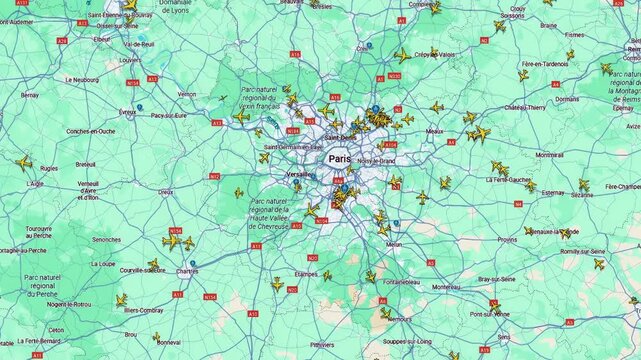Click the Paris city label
point(339,158)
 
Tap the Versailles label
point(300,174)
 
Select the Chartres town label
point(187,271)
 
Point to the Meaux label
point(434,131)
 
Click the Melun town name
point(394,244)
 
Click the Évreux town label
point(127,113)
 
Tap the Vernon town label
point(187,94)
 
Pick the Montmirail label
point(549,155)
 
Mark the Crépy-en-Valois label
point(433,55)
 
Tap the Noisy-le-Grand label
point(376,160)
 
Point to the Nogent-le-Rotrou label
point(69,303)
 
